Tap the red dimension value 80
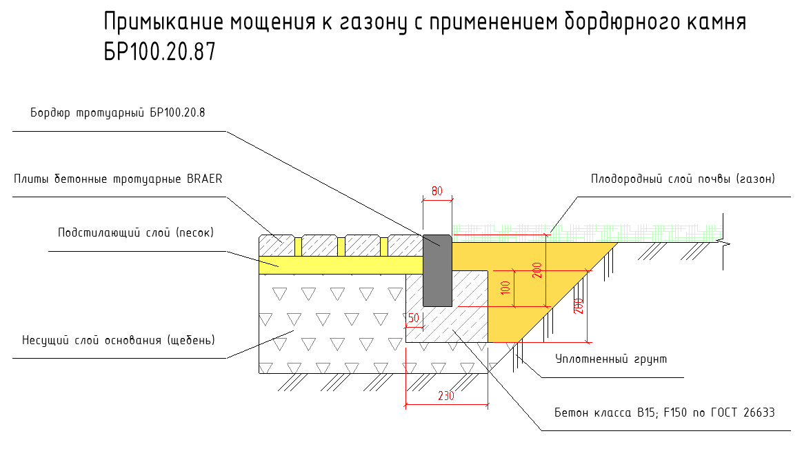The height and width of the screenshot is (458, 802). click(x=437, y=191)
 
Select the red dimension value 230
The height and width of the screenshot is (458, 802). click(x=446, y=396)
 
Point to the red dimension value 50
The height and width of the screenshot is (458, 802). click(x=414, y=318)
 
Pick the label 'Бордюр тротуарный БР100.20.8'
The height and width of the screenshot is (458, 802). click(x=117, y=112)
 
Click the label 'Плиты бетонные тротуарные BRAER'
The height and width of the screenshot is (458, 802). click(x=118, y=179)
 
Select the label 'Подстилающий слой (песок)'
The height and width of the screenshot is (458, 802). click(x=136, y=232)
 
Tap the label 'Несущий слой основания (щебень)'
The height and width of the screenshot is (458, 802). click(x=119, y=340)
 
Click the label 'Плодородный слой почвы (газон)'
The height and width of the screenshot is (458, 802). click(x=683, y=179)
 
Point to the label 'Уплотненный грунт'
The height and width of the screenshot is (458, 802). click(x=611, y=359)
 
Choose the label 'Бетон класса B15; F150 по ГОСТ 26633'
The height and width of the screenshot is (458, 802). click(x=665, y=412)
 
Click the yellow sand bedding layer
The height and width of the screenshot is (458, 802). click(x=338, y=264)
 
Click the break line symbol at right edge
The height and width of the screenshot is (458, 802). click(x=723, y=243)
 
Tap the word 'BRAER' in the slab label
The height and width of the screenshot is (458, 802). click(x=204, y=179)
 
